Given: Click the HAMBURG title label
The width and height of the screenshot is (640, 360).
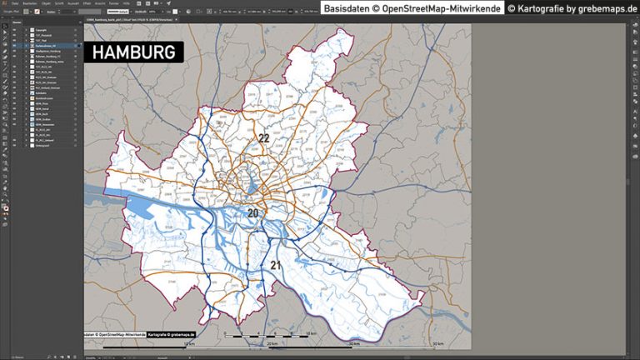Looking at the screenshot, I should coord(133,52).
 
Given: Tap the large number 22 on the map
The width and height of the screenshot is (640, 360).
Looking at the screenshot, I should coord(263,138).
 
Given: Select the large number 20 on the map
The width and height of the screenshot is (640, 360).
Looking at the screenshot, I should coord(252,213).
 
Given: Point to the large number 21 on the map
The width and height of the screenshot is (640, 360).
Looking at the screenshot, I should coord(275,266).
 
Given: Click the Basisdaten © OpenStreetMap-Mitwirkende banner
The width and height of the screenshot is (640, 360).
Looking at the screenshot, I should coord(412,8).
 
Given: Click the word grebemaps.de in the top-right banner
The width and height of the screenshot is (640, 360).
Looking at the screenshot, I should coord(607,8).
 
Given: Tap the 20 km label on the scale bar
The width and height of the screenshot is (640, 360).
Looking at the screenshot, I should coord(272,342).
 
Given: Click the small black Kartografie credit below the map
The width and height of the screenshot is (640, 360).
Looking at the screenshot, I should coord(172,335).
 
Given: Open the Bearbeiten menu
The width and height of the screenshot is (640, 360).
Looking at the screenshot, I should coord(29,3).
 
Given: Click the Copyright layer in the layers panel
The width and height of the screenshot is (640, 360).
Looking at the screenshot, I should coord(41,29).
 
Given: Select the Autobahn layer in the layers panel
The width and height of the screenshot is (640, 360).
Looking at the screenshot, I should coord(41,92).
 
